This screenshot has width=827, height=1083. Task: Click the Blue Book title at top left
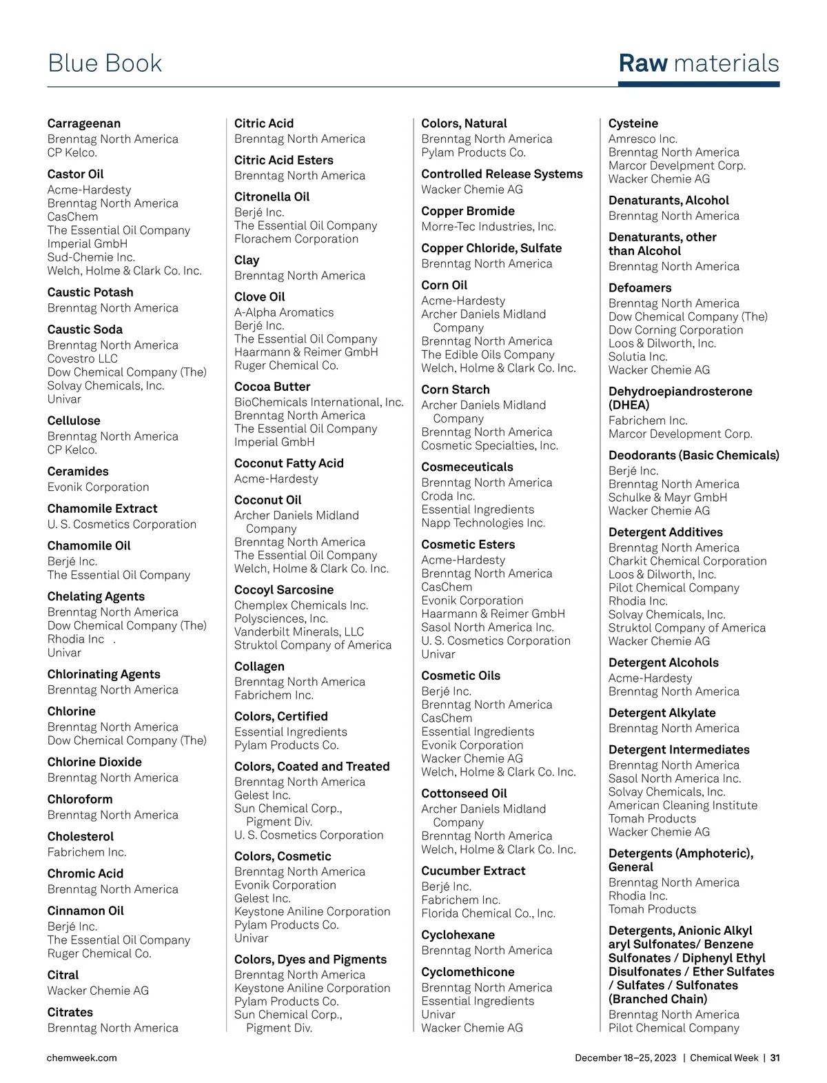(105, 63)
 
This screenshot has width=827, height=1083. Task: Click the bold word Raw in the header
(642, 63)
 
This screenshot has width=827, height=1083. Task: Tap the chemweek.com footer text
(81, 1057)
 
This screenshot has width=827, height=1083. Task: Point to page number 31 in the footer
(775, 1057)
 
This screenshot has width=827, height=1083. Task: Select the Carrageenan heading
(83, 123)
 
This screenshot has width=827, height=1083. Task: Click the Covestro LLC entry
(82, 358)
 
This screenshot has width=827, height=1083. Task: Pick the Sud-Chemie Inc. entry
(91, 257)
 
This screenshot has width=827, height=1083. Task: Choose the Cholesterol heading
(80, 836)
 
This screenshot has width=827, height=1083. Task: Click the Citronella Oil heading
(272, 196)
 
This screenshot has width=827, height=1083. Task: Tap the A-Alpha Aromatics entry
(283, 312)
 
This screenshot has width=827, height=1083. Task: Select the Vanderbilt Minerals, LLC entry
(298, 631)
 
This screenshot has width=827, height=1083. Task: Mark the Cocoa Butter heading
(272, 387)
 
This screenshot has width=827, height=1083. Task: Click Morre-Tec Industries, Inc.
(488, 227)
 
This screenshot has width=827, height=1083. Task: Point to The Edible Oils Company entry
(487, 354)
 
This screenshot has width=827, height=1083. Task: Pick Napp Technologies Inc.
(482, 523)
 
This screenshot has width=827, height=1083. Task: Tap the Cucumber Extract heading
(473, 871)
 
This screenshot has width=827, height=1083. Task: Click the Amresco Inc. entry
(642, 139)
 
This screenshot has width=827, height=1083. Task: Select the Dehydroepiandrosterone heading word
(680, 392)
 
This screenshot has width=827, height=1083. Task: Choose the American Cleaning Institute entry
(682, 805)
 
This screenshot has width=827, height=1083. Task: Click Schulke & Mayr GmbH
(667, 497)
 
